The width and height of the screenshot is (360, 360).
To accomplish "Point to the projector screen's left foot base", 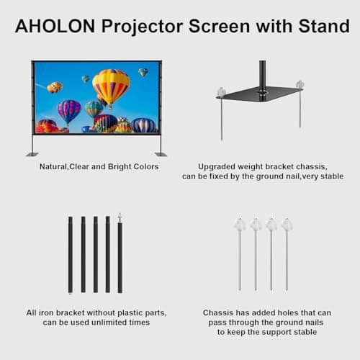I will coord(32,153).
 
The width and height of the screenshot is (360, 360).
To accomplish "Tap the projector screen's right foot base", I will coord(161,153).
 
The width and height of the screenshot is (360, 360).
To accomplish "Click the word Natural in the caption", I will coord(55,167).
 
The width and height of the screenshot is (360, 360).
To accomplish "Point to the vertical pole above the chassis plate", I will coord(262,72).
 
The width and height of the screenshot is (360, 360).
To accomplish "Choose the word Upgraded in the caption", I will coord(217,166).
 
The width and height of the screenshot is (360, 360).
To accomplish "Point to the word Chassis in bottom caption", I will coord(217,313).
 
